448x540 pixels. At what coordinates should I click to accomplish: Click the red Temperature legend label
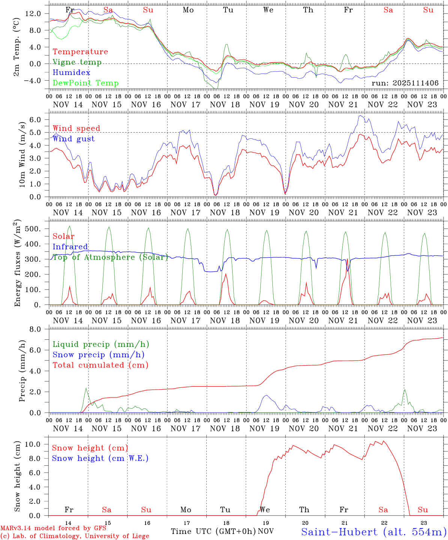click(80, 52)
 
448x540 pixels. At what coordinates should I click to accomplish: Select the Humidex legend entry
click(71, 72)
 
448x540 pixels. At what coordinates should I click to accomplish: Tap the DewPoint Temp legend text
click(86, 83)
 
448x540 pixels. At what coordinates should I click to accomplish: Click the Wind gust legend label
click(74, 139)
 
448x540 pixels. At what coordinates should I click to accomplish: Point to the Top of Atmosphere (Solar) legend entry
click(110, 257)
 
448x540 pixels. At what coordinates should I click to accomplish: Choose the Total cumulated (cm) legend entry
click(100, 365)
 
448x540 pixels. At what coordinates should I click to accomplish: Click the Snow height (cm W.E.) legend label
click(100, 458)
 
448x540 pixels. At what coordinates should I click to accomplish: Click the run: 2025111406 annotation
click(405, 83)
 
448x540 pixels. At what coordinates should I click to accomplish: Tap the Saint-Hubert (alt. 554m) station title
click(374, 531)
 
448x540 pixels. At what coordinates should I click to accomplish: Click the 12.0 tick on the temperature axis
click(33, 13)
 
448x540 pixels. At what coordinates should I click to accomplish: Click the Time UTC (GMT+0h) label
click(213, 531)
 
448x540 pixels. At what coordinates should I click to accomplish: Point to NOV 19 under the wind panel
click(265, 213)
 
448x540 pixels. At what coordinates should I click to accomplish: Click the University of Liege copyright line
click(75, 536)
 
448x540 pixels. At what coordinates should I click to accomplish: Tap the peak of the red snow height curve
click(383, 441)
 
